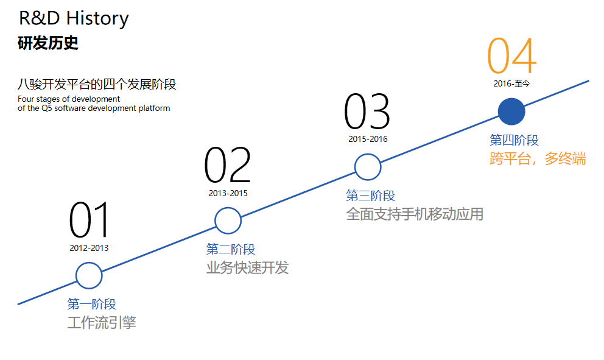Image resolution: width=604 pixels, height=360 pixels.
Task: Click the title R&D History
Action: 74,18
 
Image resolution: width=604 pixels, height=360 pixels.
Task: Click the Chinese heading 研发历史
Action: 48,44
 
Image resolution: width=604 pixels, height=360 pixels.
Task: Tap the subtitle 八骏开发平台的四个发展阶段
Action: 97,84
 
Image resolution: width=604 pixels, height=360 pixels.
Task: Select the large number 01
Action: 89,220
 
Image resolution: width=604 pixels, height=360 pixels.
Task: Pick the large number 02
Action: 227,166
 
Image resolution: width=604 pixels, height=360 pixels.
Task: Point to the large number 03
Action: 367,112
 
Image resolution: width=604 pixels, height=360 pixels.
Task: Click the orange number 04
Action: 511,56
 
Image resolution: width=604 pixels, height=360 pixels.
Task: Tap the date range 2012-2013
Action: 89,248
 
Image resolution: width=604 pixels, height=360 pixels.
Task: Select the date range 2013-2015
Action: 228,193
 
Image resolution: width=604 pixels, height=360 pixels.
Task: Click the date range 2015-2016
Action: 368,139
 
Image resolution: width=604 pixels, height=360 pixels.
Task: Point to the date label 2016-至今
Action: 511,84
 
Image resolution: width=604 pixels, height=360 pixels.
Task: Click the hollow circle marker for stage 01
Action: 89,276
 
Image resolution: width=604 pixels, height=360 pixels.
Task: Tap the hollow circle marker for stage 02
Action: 228,221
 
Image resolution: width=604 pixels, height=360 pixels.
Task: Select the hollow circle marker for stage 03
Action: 368,167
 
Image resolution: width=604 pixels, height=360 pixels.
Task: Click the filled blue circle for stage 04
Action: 511,111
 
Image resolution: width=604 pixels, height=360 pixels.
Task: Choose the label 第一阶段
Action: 91,304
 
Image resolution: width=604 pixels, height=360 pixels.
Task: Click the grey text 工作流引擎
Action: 102,322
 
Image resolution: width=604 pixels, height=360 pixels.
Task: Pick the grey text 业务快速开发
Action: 247,267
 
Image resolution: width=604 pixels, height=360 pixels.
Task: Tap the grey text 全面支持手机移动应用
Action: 415,214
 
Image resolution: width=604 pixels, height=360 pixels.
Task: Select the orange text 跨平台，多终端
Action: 538,159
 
